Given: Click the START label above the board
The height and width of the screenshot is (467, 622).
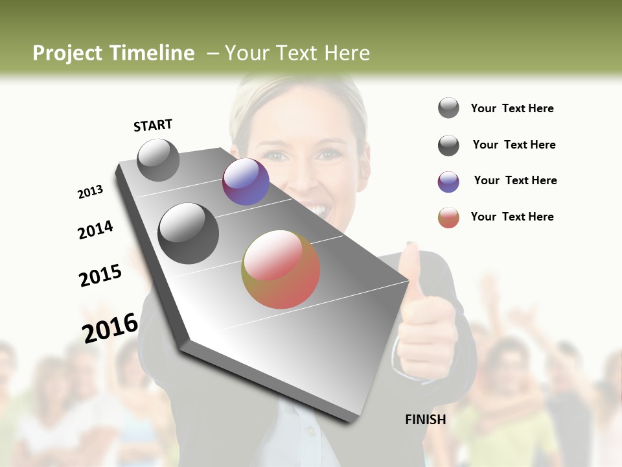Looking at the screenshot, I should (153, 125).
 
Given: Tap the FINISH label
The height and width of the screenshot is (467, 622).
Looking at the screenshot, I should (425, 420).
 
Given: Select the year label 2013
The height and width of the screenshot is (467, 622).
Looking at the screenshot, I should (91, 192).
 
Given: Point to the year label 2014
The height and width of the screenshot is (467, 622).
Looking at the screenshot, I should (96, 230).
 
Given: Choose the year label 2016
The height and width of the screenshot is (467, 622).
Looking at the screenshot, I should (110, 328).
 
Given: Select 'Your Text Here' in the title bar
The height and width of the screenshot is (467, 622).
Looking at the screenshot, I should (297, 53).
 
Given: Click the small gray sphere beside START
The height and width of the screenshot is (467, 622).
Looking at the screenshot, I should (158, 160).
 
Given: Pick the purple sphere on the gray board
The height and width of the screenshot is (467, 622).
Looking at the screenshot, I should (246, 182).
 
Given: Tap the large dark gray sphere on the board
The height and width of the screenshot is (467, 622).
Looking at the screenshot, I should (189, 233).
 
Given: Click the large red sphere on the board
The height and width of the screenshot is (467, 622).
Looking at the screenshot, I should (281, 269).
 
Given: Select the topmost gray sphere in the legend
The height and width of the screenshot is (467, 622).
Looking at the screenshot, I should (448, 108).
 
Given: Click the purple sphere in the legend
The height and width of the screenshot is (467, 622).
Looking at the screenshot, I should (448, 182).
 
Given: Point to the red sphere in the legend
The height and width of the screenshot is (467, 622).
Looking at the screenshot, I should (448, 217).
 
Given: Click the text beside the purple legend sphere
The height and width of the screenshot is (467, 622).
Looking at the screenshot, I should (515, 180).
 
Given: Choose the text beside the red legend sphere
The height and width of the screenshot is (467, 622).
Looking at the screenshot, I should (512, 217).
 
